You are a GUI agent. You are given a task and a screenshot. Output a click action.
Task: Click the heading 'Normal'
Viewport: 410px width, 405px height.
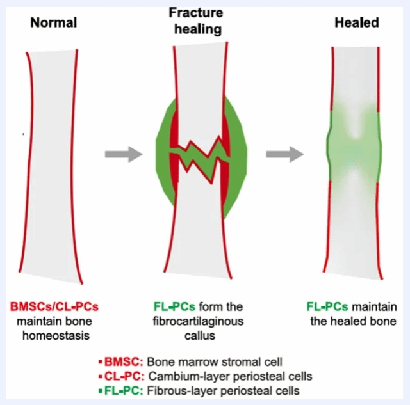tap(54, 23)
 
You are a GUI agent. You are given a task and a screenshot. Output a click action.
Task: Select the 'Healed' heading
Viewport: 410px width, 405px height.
tap(357, 23)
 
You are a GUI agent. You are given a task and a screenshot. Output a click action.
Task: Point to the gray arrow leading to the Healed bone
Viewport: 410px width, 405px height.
tap(284, 154)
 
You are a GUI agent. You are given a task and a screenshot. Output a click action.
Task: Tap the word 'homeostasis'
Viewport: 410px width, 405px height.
tap(54, 334)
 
